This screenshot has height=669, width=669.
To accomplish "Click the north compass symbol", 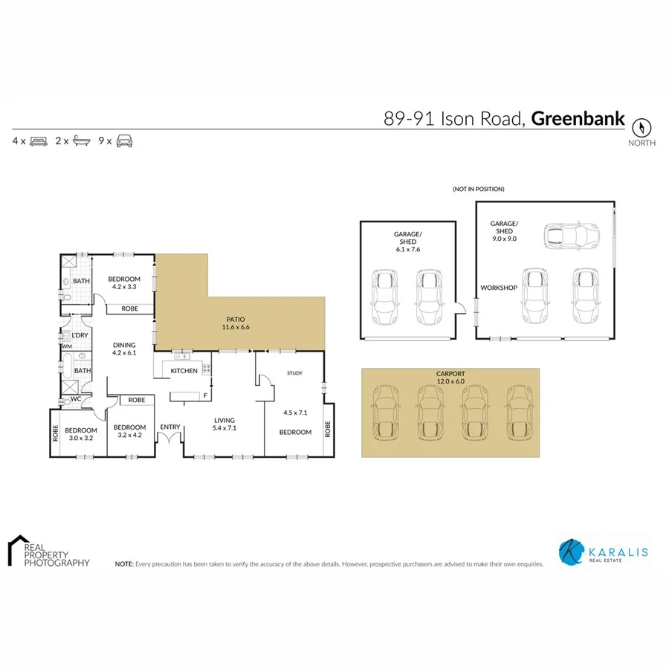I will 642,126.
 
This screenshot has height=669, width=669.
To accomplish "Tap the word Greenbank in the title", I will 578,118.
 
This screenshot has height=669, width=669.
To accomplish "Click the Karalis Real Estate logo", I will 603,552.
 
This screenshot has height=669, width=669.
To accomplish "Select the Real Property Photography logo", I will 48,552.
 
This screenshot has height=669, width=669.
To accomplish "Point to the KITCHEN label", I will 184,370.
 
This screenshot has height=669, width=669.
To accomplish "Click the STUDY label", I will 294,373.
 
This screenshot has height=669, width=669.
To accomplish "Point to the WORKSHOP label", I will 498,288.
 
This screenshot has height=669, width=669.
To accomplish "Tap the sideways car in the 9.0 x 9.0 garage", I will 571,236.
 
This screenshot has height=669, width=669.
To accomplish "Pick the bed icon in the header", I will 39,140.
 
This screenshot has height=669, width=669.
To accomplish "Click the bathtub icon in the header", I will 80,140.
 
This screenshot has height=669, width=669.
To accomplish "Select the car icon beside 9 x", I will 124,140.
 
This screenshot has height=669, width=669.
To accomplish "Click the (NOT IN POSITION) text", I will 478,190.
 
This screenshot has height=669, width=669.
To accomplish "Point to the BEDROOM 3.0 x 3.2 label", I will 80,434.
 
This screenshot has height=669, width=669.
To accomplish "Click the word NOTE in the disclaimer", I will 123,564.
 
